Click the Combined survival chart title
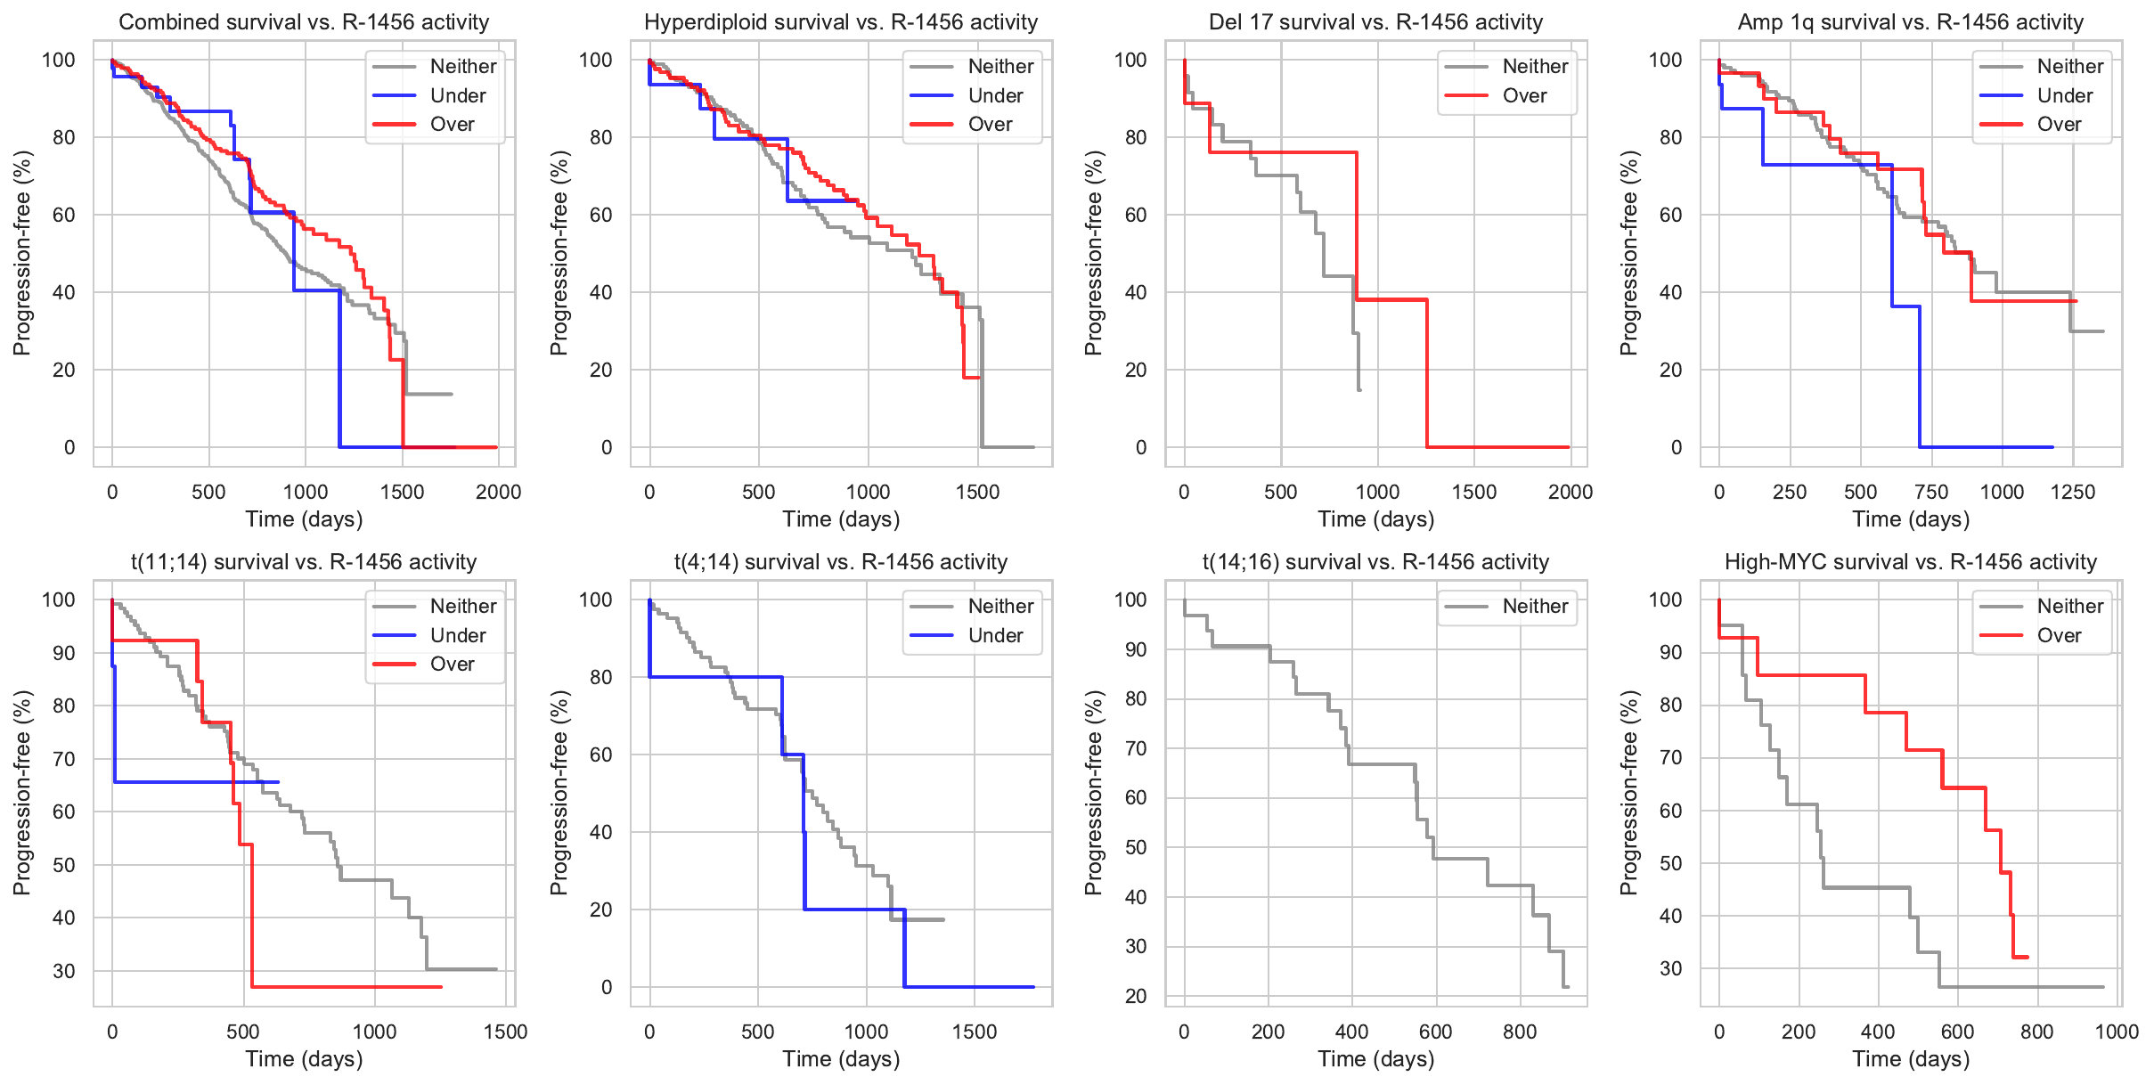coord(304,22)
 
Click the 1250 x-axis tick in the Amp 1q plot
coord(2072,492)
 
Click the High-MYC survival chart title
coord(1910,562)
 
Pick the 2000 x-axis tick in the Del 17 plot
coord(1570,492)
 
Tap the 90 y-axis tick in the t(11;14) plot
coord(64,653)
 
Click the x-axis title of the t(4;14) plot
coord(841,1059)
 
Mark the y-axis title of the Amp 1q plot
coord(1628,253)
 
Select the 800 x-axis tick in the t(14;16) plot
coord(1520,1032)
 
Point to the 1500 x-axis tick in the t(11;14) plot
coord(505,1032)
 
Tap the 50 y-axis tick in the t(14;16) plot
coord(1135,847)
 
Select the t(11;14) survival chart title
coord(304,562)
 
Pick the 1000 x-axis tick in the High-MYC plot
coord(2116,1032)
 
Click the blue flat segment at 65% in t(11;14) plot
coord(196,782)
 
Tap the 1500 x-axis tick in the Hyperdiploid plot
coord(977,492)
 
